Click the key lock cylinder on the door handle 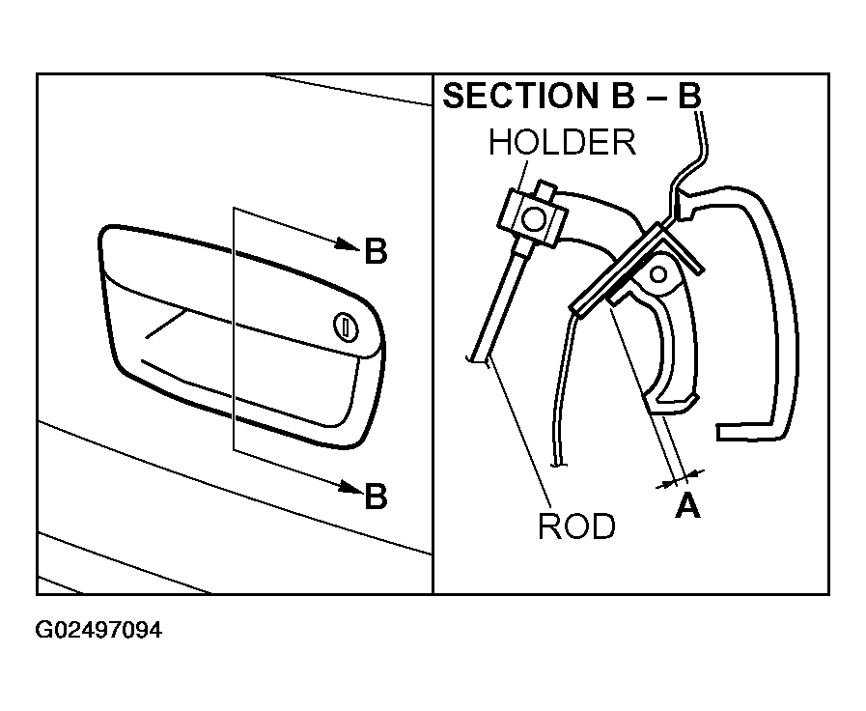pos(346,327)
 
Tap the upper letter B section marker pos(377,251)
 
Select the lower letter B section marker pos(377,496)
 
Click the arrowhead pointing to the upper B pos(349,243)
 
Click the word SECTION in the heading pos(520,96)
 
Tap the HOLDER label pos(562,142)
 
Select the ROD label pos(576,526)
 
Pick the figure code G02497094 pos(98,630)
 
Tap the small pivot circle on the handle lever pos(658,274)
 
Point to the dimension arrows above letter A pos(680,478)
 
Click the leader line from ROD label pos(519,434)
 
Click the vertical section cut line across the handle pos(234,329)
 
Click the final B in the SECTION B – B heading pos(688,96)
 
